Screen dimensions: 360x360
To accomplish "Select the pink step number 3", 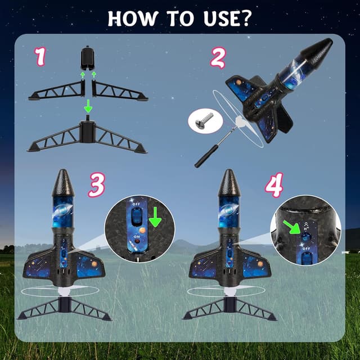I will pyautogui.click(x=96, y=185).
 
